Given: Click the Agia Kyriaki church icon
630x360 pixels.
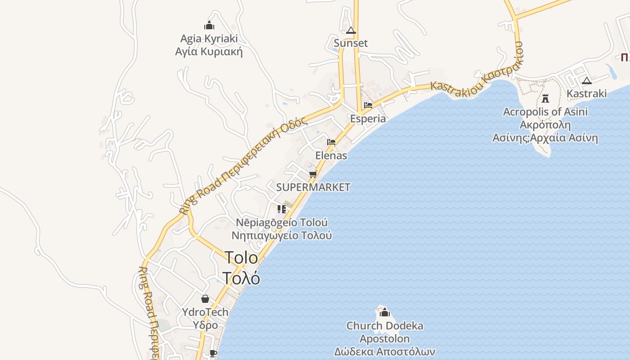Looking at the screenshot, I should (209, 25).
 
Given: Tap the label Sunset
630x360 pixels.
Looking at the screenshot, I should (351, 43).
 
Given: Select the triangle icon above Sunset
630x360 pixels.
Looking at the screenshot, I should (351, 31).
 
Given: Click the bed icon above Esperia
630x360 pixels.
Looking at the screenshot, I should (368, 105).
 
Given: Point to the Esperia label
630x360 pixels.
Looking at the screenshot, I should (368, 119).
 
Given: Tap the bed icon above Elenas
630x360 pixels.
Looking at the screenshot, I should (331, 142).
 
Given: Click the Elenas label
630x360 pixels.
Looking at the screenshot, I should (331, 156).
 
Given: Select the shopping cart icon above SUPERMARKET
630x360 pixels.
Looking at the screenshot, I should (313, 174).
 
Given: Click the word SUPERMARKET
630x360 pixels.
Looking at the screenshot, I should (313, 187).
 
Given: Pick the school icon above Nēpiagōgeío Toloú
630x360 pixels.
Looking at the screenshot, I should (282, 209).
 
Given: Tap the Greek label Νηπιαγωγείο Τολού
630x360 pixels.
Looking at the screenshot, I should (282, 235).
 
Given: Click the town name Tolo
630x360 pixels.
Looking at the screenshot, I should (241, 258).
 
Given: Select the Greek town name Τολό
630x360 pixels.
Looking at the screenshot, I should (241, 279).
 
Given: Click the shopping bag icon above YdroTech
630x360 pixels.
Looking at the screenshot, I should (205, 299).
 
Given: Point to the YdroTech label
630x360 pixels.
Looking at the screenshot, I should (205, 312).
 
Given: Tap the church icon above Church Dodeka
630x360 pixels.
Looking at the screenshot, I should (384, 312).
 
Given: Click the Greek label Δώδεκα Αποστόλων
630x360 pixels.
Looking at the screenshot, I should (385, 351).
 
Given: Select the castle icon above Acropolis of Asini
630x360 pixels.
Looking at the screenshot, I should (545, 98).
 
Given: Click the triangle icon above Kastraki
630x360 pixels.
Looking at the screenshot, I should (586, 81).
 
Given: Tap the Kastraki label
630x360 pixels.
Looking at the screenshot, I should (586, 94).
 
